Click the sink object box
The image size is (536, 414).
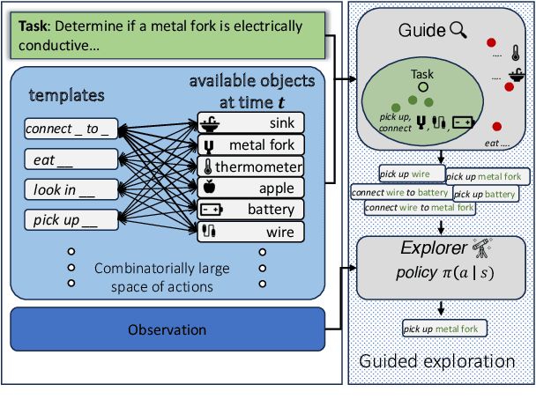[x=250, y=122]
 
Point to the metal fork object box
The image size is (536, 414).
[x=250, y=144]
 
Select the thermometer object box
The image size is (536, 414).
[x=250, y=166]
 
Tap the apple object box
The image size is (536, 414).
[x=250, y=188]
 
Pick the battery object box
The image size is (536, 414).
[x=250, y=210]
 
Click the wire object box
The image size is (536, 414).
[x=250, y=232]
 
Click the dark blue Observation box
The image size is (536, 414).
[x=167, y=330]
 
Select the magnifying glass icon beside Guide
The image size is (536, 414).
[x=458, y=31]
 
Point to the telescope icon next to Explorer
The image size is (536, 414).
[x=481, y=248]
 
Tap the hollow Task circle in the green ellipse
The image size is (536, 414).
[x=423, y=88]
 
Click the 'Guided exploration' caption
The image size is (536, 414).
[x=437, y=361]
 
